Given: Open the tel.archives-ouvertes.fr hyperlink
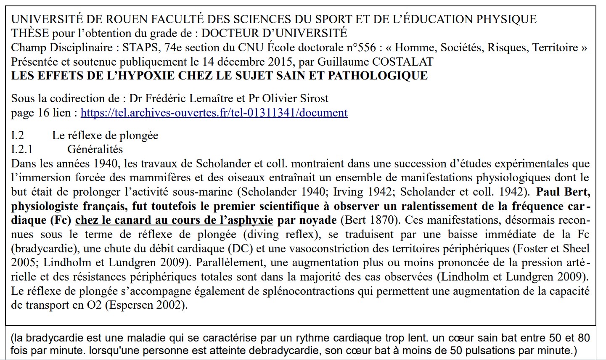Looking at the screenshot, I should (x=214, y=113).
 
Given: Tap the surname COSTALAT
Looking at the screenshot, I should (x=402, y=61).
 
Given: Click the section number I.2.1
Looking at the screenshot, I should (x=22, y=149).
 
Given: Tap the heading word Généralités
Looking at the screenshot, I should (x=95, y=149).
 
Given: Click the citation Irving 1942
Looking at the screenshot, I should (x=362, y=192).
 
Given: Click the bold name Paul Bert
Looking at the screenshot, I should (x=564, y=192).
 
